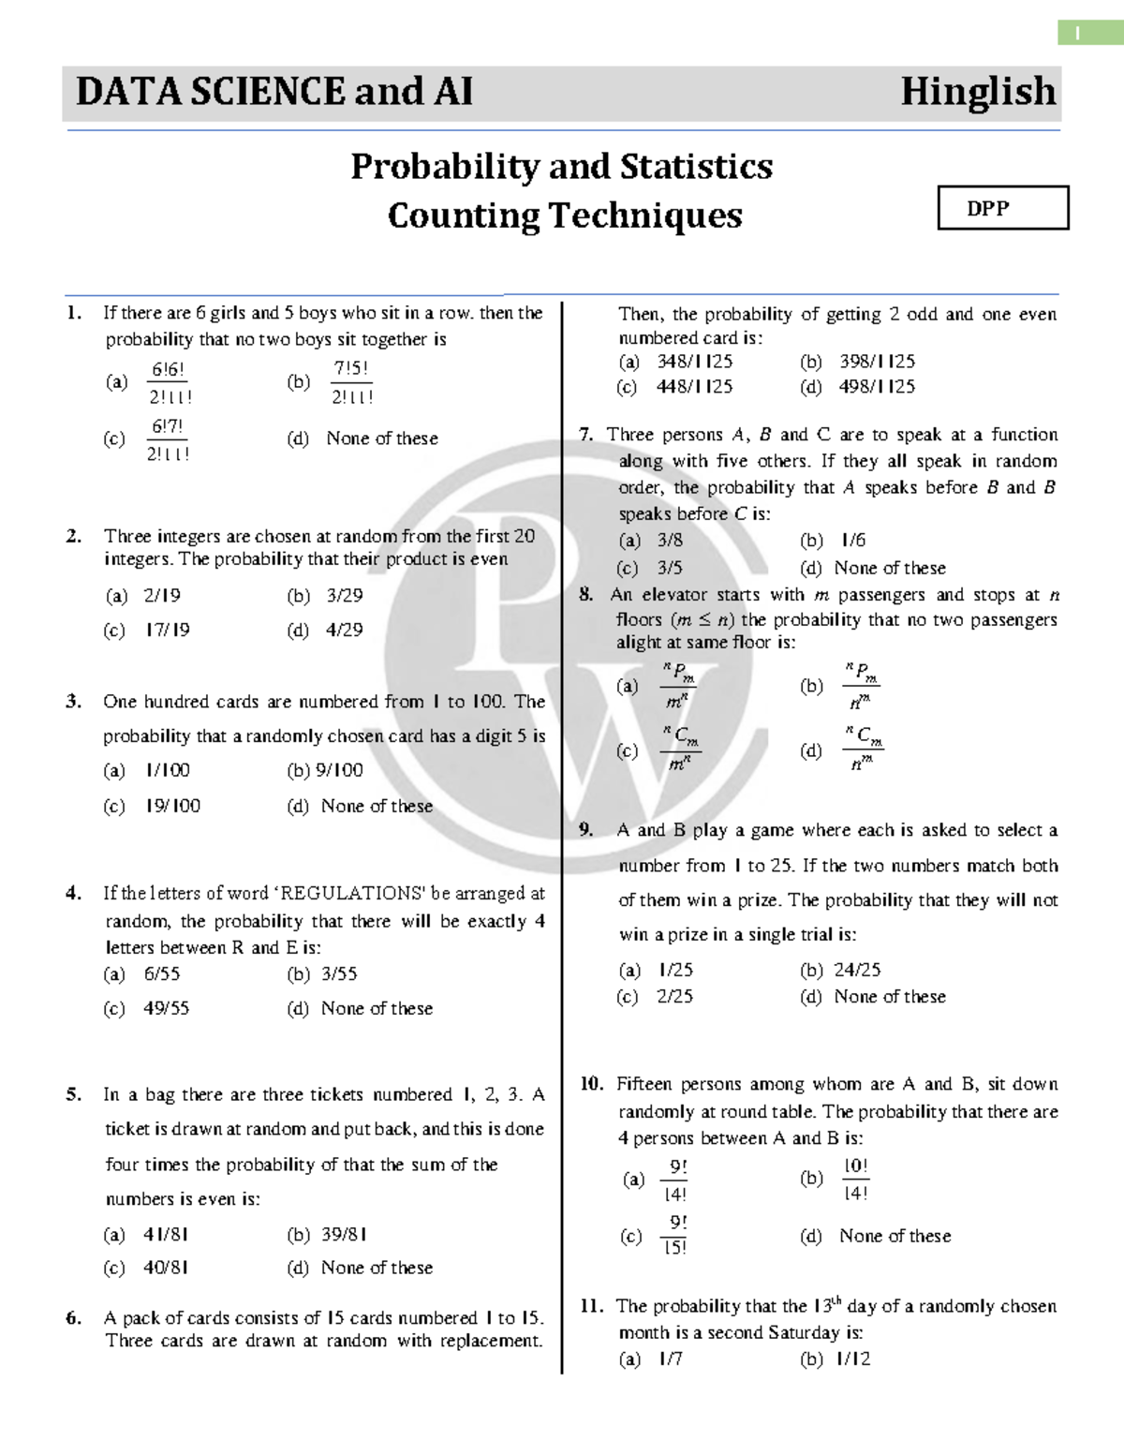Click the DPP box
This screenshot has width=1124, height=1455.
point(1002,208)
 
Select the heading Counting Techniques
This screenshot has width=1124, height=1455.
point(565,215)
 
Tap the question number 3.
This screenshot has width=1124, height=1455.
point(73,702)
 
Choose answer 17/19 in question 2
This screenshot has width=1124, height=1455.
point(167,631)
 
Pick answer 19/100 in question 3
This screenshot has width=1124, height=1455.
point(172,806)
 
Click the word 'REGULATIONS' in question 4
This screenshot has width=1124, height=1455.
point(346,893)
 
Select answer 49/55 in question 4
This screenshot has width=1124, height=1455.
point(166,1008)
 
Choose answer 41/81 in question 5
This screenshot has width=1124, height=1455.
point(166,1235)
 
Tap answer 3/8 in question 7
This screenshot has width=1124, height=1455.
point(670,541)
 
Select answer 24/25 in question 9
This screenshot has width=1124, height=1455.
point(857,970)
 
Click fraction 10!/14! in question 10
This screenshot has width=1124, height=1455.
point(856,1180)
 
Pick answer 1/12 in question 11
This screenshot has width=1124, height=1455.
point(853,1358)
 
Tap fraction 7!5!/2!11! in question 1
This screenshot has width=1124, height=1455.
point(352,382)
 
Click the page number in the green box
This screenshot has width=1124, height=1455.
point(1077,34)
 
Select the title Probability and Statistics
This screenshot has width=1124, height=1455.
point(562,167)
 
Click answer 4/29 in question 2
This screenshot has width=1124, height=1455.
point(344,631)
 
